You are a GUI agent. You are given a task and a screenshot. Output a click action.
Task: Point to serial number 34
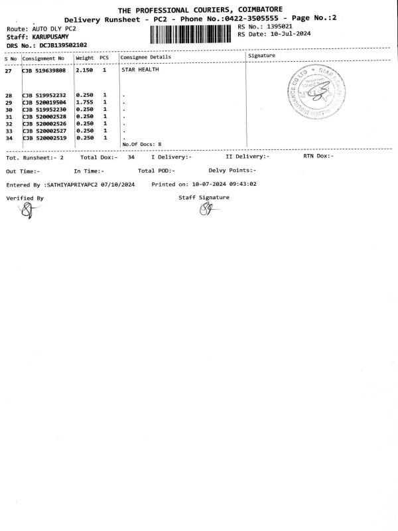[9, 138]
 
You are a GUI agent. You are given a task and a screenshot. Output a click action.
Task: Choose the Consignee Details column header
[145, 57]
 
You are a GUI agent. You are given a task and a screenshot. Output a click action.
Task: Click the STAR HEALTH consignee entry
[140, 70]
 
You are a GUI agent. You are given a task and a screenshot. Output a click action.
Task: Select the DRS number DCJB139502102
[63, 44]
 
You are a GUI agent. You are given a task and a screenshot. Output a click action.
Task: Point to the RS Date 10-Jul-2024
[293, 33]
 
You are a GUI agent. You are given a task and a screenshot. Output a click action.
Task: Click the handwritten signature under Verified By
[26, 211]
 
